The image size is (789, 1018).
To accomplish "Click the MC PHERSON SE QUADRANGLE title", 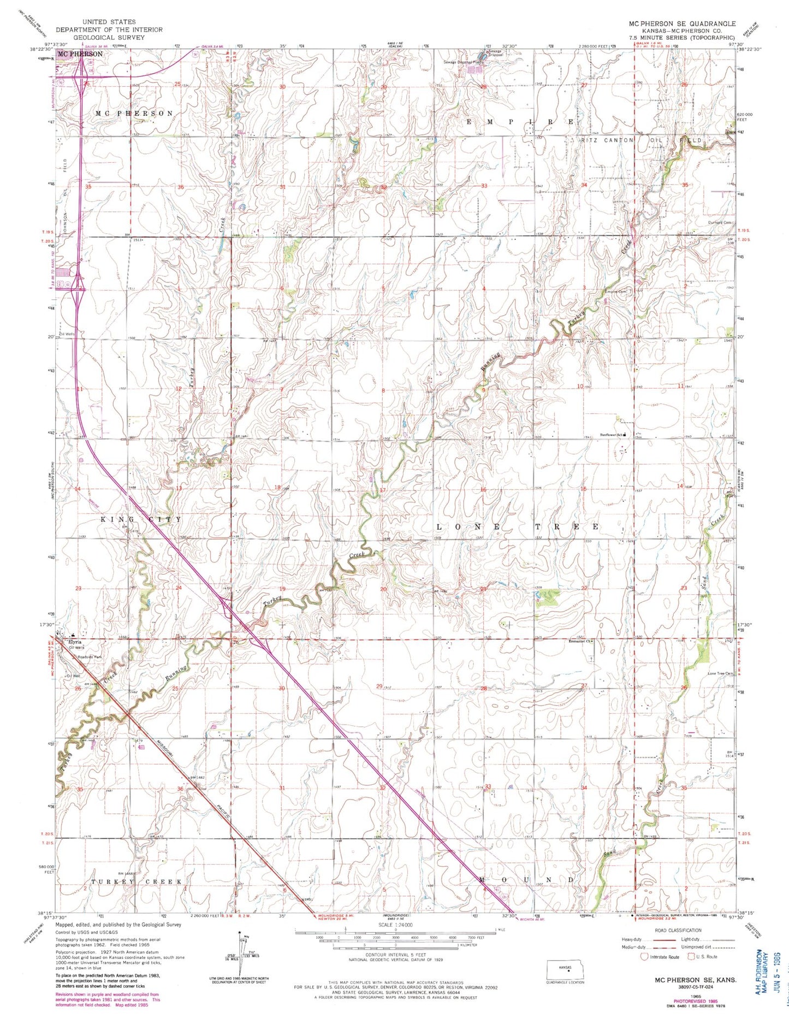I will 682,24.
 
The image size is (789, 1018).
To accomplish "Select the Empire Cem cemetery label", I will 615,291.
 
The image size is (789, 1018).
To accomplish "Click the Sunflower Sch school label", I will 612,435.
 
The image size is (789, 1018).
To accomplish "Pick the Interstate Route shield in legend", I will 645,956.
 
